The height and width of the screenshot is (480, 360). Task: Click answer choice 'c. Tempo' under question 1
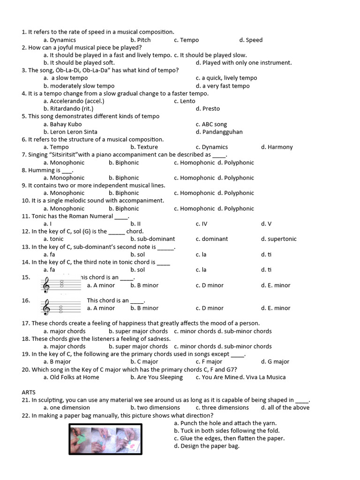click(x=186, y=40)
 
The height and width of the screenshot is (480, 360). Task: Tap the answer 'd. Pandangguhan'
click(x=219, y=132)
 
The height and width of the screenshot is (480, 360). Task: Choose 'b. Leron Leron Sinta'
click(x=70, y=132)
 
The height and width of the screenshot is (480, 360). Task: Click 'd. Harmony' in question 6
click(x=277, y=147)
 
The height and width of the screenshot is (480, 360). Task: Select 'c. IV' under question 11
click(x=201, y=224)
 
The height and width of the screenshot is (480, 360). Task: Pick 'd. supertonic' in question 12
click(x=278, y=239)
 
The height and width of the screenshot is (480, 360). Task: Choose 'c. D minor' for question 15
click(x=210, y=285)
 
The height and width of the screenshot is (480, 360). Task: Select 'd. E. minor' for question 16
click(x=276, y=308)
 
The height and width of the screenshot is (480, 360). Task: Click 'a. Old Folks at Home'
click(x=71, y=377)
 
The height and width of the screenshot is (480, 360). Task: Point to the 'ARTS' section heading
click(x=29, y=392)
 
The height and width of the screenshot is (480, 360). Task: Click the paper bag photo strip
click(x=105, y=439)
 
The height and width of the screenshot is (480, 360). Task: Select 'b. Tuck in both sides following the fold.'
click(x=226, y=431)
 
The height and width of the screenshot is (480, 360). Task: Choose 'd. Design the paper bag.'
click(x=206, y=446)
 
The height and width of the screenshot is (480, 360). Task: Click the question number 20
click(x=26, y=370)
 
